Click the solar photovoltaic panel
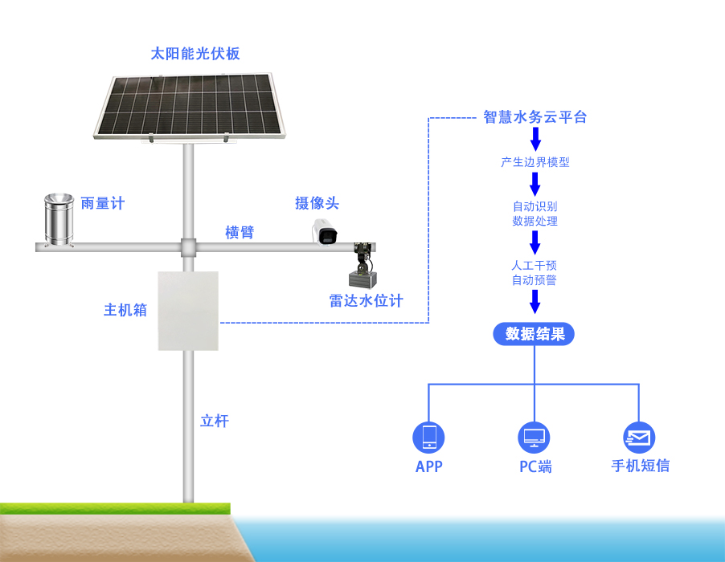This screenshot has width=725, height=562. [190, 105]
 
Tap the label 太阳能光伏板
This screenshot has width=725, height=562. [195, 54]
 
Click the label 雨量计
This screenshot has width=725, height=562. [103, 203]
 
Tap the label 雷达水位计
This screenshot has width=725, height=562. [366, 301]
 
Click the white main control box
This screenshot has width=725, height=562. [188, 311]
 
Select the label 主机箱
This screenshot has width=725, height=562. [125, 309]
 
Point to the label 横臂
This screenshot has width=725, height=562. [240, 233]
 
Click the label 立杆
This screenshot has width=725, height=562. [215, 421]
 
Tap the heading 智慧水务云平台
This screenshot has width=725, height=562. [535, 117]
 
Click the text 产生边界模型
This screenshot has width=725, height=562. [535, 162]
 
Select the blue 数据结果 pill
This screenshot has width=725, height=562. [535, 334]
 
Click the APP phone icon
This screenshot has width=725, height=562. [428, 438]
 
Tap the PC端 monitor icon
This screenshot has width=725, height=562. [534, 438]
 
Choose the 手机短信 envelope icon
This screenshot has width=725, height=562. [639, 438]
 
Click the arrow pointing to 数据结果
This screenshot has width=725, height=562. [535, 303]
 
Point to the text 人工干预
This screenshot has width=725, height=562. [535, 265]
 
